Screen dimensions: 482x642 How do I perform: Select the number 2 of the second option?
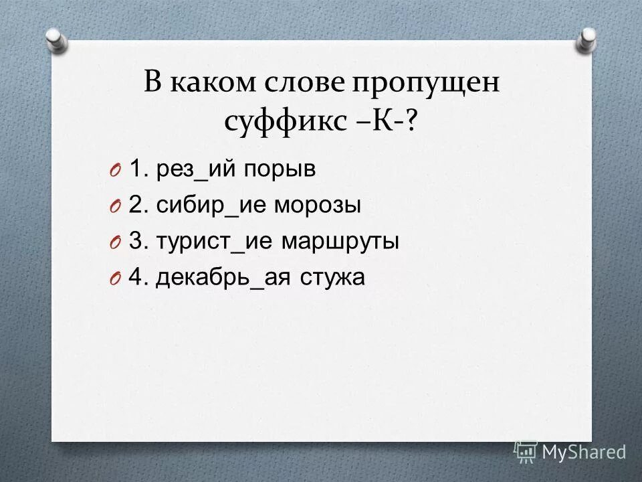click(x=134, y=206)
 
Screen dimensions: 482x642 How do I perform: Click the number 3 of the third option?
click(x=134, y=242)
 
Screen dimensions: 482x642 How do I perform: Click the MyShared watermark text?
click(x=583, y=452)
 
